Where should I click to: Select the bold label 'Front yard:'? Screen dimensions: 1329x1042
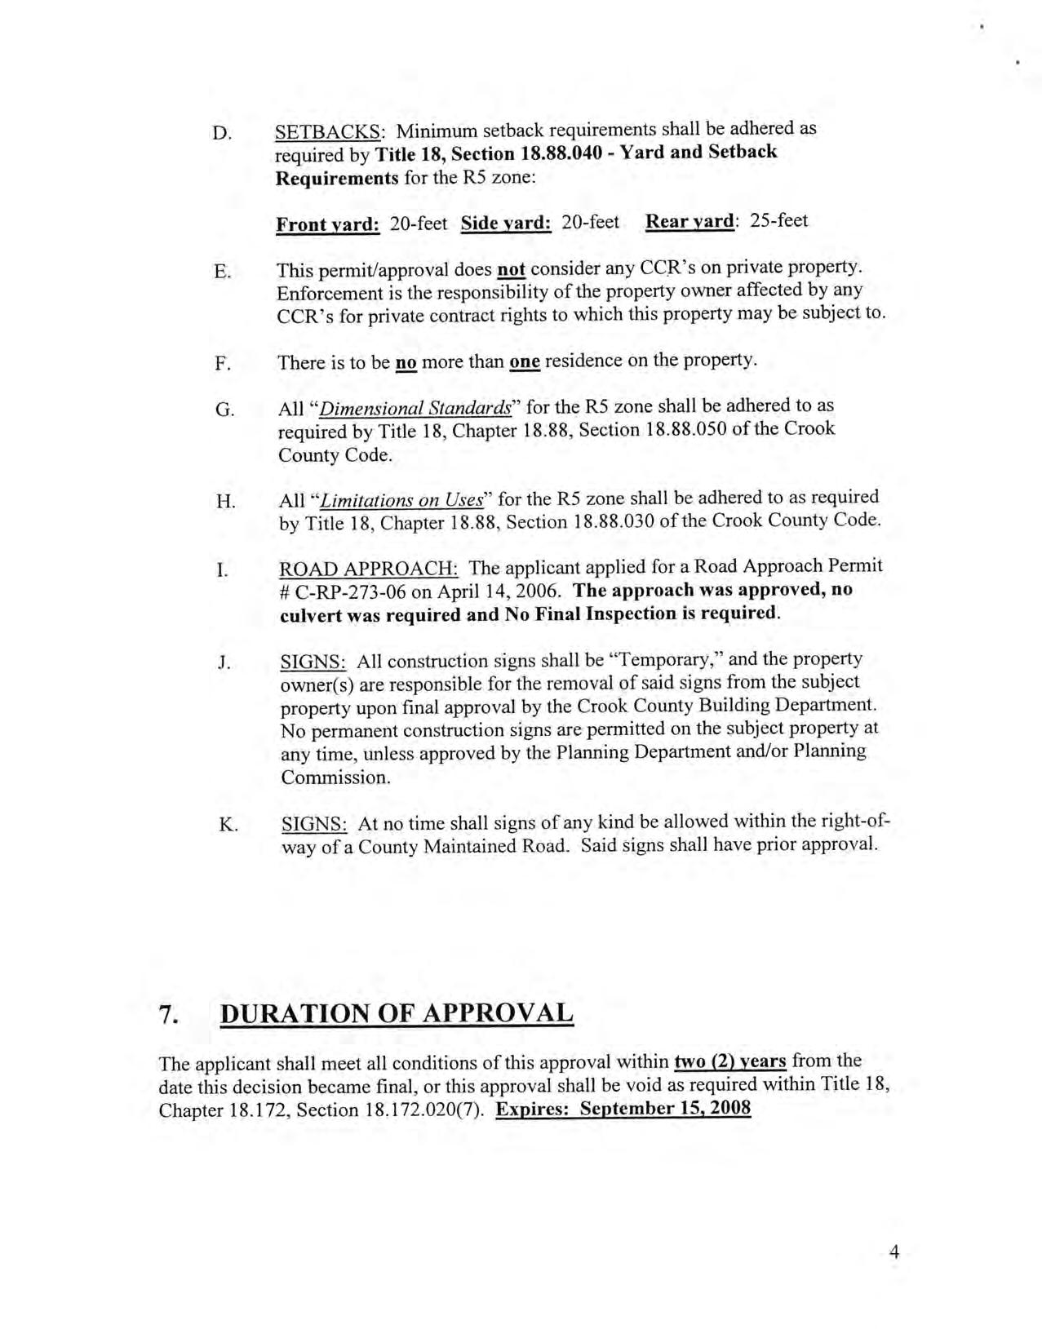point(328,224)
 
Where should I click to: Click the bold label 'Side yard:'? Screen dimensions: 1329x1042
point(506,224)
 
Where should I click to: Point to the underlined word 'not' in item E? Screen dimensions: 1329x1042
point(511,268)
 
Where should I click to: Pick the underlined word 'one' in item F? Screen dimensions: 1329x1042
point(524,361)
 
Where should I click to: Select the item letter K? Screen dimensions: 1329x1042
point(228,825)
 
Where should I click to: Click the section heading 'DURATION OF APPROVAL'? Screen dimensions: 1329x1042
point(397,1013)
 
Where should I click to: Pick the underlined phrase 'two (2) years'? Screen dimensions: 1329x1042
point(730,1061)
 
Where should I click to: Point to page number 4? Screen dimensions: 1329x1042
point(893,1252)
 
